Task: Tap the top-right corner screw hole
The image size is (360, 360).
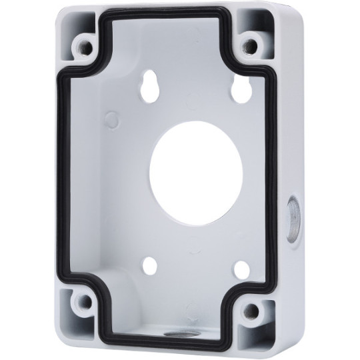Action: (x=250, y=45)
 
